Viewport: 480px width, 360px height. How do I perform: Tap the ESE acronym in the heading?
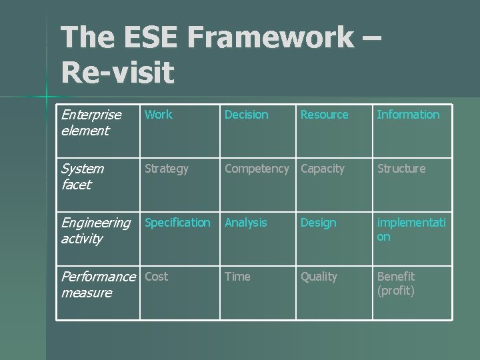[151, 38]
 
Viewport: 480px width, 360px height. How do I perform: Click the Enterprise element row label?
[91, 123]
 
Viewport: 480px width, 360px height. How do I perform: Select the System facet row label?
[82, 177]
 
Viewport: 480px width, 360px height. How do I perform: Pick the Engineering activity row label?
[95, 231]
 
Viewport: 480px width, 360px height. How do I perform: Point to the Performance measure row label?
[97, 285]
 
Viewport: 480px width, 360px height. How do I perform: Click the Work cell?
[159, 115]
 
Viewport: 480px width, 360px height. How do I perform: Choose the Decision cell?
[246, 115]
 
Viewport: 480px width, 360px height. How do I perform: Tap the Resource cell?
[324, 115]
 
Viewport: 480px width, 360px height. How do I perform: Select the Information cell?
[408, 115]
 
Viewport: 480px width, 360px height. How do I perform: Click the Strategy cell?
[167, 169]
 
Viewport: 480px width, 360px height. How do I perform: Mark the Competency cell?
[257, 169]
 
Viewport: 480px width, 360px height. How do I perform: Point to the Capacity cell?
[323, 169]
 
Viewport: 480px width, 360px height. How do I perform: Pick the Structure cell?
[401, 169]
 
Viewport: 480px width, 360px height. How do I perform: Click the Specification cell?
[177, 223]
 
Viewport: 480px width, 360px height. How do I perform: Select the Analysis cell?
[245, 223]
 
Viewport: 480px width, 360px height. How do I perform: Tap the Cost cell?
[157, 277]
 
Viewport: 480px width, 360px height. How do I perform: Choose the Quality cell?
[319, 277]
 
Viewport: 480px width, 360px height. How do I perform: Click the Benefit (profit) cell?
[396, 283]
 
